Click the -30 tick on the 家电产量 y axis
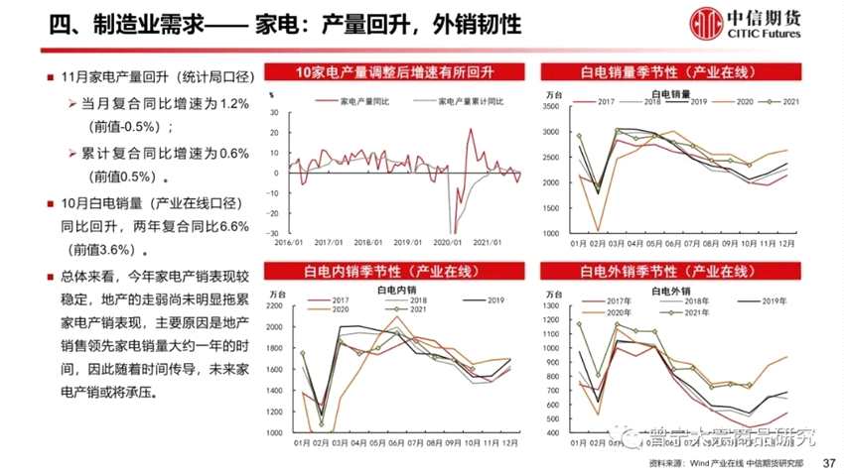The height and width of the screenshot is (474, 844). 275,232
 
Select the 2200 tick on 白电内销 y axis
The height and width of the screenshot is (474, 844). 277,307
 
